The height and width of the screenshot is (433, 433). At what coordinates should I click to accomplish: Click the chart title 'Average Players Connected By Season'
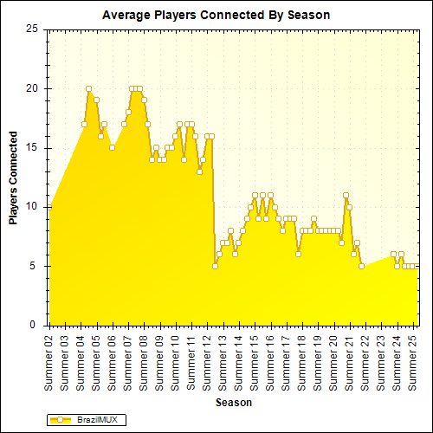[x=216, y=15]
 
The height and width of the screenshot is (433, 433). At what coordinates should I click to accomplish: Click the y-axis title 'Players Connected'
[x=14, y=178]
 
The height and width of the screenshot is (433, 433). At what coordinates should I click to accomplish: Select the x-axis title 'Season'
[x=234, y=403]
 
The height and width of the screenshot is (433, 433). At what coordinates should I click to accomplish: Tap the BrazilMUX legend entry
[x=87, y=419]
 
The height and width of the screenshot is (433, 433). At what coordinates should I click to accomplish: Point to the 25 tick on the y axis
[x=32, y=29]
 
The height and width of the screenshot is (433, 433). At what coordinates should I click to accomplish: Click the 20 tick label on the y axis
[x=32, y=88]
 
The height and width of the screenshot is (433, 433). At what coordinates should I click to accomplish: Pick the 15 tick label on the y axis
[x=32, y=147]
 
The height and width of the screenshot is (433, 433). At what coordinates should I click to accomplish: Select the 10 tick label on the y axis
[x=32, y=207]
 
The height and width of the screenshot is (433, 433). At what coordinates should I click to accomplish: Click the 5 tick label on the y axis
[x=35, y=266]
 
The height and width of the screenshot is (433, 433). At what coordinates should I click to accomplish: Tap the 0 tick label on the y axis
[x=35, y=325]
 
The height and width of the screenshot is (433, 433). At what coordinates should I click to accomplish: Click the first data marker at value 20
[x=88, y=88]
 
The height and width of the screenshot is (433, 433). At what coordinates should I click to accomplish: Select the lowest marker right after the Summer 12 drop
[x=215, y=266]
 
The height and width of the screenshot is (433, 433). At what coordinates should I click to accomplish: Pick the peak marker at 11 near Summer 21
[x=346, y=195]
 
